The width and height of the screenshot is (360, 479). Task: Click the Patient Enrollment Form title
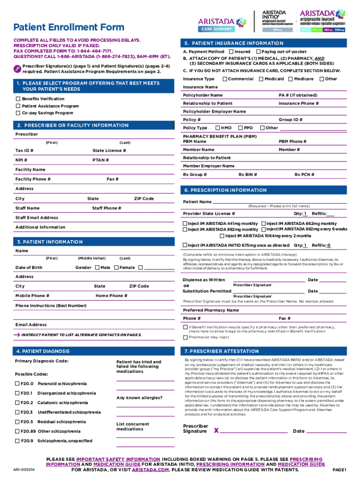click(x=69, y=27)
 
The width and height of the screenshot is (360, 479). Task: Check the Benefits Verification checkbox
click(x=18, y=99)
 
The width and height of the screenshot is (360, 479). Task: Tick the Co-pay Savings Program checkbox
click(x=18, y=113)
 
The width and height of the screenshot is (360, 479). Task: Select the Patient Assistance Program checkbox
click(x=18, y=106)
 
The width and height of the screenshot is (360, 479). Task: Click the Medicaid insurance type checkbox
click(x=261, y=79)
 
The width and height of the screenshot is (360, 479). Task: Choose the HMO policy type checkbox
click(x=217, y=128)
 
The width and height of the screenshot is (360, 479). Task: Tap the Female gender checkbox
click(x=115, y=268)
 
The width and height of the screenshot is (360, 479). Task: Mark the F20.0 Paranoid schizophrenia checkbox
click(x=17, y=384)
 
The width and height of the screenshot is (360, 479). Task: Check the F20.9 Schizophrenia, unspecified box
click(x=17, y=441)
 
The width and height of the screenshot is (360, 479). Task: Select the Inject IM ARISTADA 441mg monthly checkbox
click(x=185, y=224)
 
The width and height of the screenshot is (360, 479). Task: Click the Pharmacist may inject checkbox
click(x=185, y=337)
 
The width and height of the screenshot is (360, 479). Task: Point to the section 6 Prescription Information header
click(x=225, y=190)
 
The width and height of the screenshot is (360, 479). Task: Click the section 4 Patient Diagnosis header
click(x=43, y=351)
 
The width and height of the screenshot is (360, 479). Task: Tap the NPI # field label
click(x=22, y=160)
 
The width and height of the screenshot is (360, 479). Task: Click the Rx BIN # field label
click(x=248, y=175)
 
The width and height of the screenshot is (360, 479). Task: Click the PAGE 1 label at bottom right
click(x=338, y=469)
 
